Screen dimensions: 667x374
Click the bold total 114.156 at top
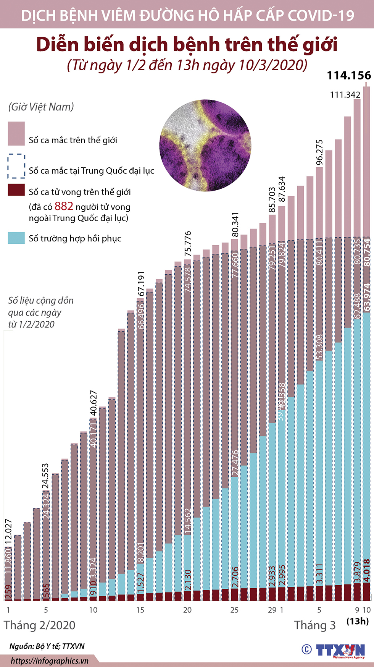[x=349, y=75]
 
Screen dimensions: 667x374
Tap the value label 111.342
[x=345, y=95]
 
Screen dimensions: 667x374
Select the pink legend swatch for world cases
[x=16, y=134]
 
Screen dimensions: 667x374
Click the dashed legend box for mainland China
[x=16, y=166]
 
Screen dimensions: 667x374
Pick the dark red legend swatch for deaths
[x=16, y=190]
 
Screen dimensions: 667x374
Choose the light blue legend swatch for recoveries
[x=16, y=238]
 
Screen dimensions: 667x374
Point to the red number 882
[x=64, y=206]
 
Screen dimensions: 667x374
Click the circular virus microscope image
[x=205, y=146]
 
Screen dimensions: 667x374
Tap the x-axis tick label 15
[x=140, y=610]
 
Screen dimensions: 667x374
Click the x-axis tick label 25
[x=234, y=610]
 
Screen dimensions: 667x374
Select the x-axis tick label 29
[x=272, y=610]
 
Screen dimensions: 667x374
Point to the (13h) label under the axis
[x=358, y=621]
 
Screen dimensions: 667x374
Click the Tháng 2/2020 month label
[x=40, y=625]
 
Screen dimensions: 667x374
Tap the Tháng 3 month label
[x=315, y=625]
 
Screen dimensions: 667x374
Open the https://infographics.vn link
[x=50, y=661]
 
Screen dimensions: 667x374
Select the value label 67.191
[x=141, y=284]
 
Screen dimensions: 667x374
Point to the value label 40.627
[x=93, y=403]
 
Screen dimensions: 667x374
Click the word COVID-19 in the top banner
[x=321, y=15]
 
